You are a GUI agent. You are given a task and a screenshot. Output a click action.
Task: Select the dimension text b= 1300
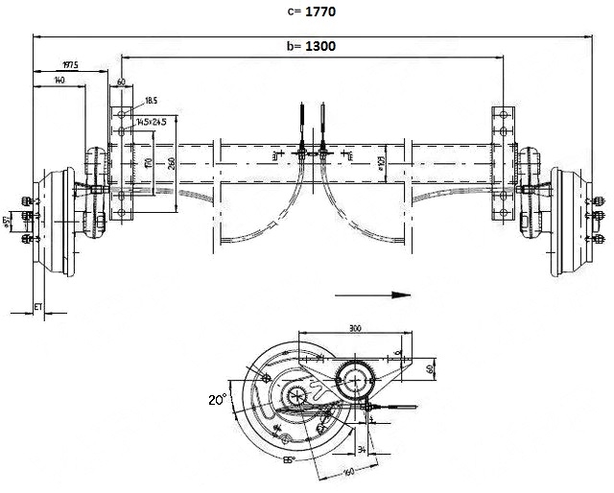pos(311,46)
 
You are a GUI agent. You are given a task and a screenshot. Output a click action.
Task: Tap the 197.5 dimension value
pos(70,64)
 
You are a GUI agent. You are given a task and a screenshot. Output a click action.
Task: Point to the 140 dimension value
pos(60,81)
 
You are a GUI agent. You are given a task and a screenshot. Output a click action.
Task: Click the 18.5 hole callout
pos(152,100)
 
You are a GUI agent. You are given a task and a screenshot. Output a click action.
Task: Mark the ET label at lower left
pos(37,306)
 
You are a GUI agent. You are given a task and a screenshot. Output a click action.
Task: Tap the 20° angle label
pos(218,398)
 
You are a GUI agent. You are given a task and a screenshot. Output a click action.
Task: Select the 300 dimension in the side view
pos(355,329)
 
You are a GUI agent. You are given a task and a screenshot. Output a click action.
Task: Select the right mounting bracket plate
pos(504,163)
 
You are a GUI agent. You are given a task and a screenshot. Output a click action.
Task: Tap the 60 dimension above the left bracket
pos(122,82)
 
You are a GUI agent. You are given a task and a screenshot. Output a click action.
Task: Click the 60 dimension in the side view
pos(430,366)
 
